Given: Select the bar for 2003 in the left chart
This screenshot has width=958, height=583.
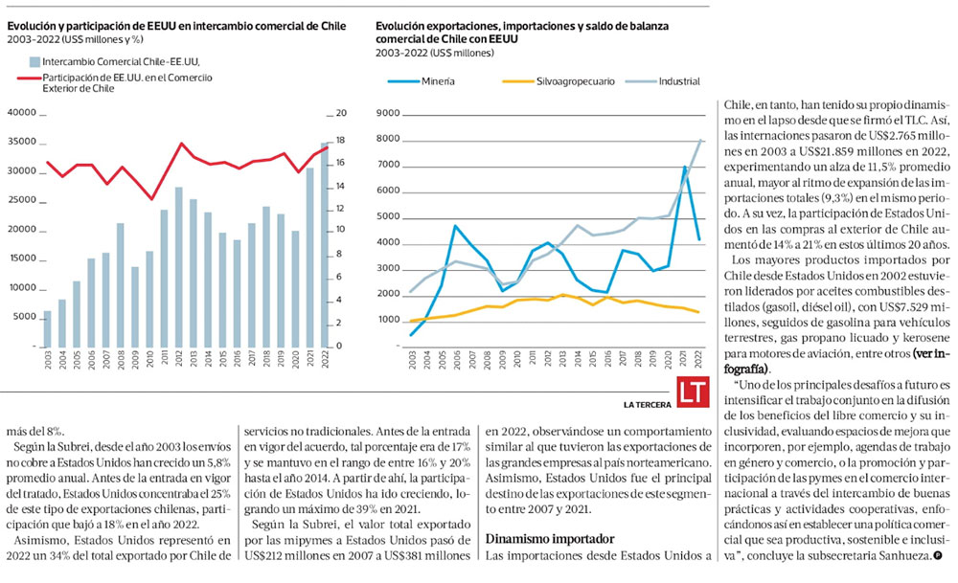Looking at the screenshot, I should [x=47, y=327].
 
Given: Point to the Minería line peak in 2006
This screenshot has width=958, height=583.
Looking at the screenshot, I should [x=455, y=226].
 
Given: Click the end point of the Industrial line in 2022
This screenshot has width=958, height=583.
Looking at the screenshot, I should [x=701, y=140].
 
